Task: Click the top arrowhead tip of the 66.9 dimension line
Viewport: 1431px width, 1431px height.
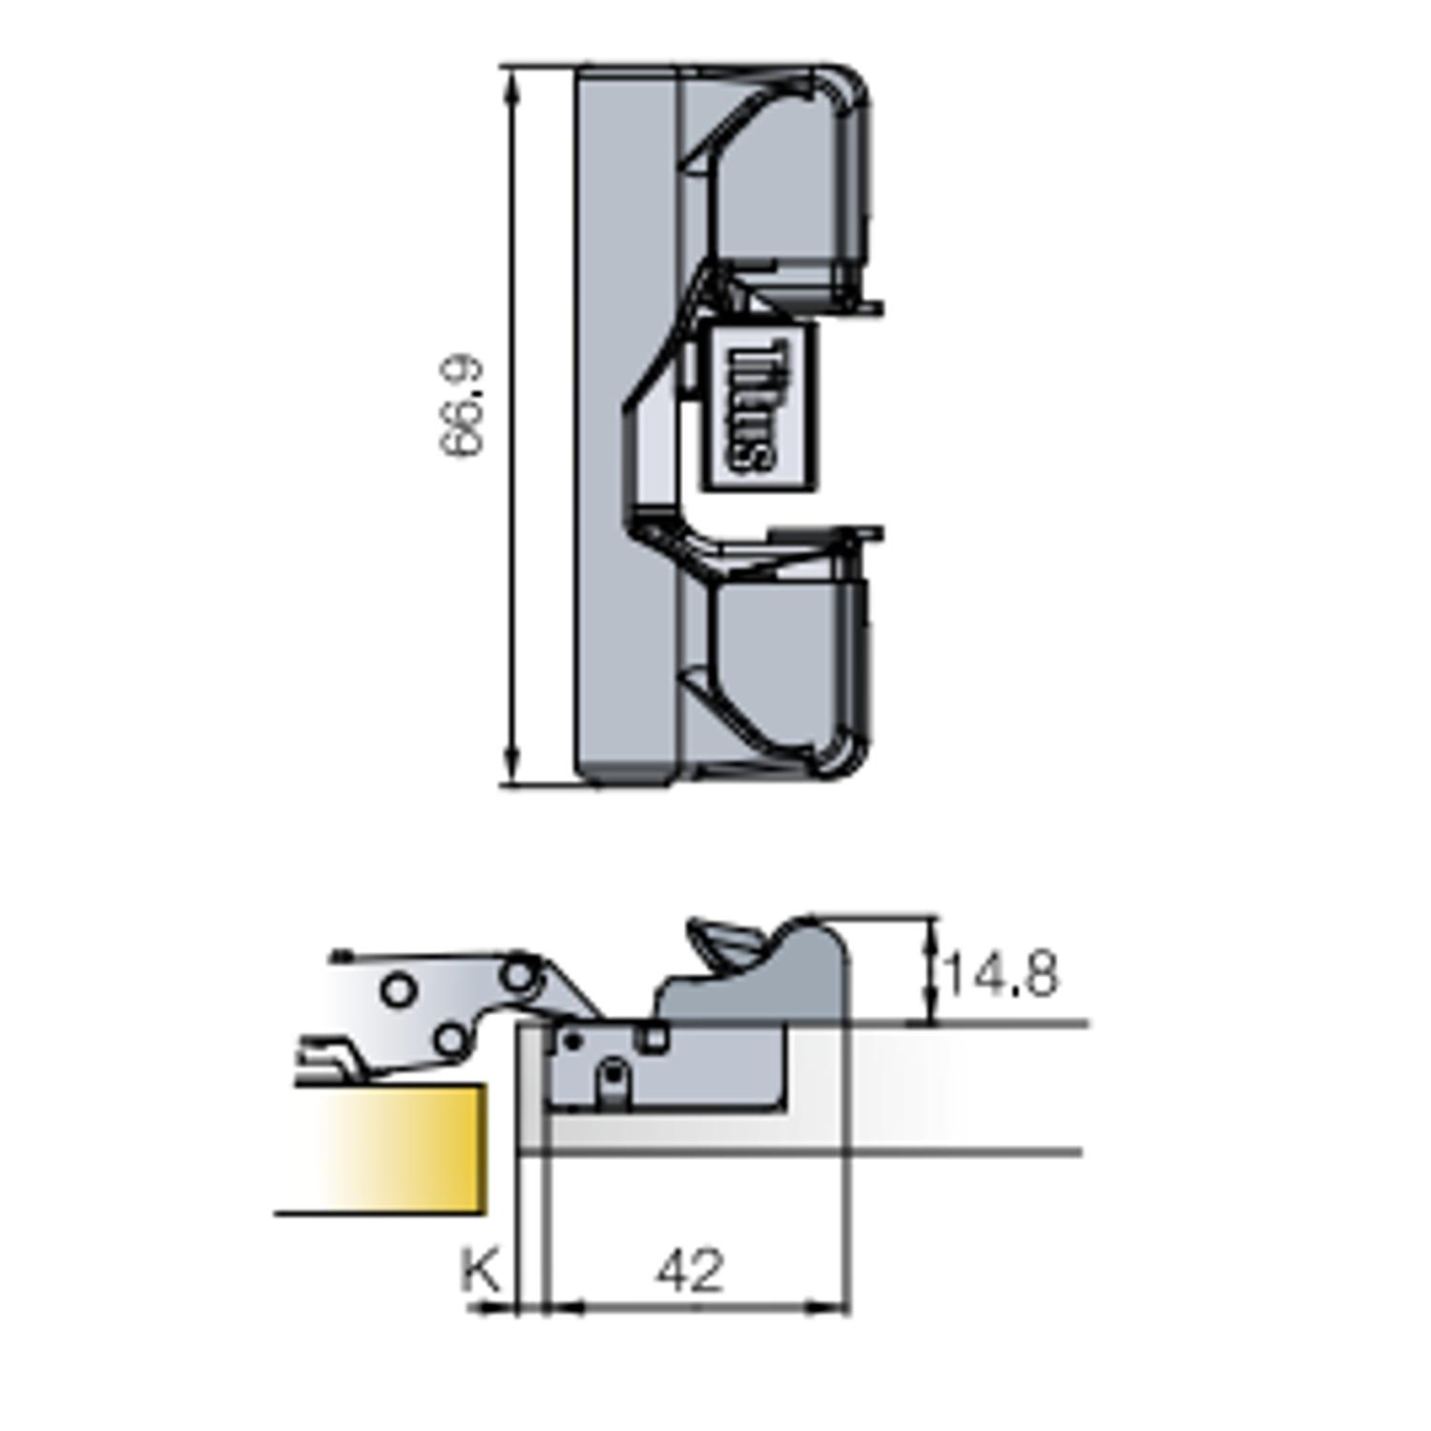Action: tap(512, 69)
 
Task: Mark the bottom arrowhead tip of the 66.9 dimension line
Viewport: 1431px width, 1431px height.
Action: tap(512, 785)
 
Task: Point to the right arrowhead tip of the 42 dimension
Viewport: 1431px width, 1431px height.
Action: tap(847, 1308)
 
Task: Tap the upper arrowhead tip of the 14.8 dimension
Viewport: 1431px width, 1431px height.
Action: tap(929, 919)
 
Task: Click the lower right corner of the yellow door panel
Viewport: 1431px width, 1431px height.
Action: tap(486, 1213)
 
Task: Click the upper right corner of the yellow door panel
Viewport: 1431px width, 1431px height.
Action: tap(486, 1085)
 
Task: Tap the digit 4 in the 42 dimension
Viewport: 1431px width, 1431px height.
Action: tap(674, 1271)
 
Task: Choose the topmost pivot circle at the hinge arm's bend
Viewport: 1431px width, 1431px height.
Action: tap(518, 974)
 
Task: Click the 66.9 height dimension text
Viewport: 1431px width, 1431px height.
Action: tap(462, 407)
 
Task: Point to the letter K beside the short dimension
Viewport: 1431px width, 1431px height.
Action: tap(482, 1270)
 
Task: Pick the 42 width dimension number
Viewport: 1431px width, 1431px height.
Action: tap(691, 1271)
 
